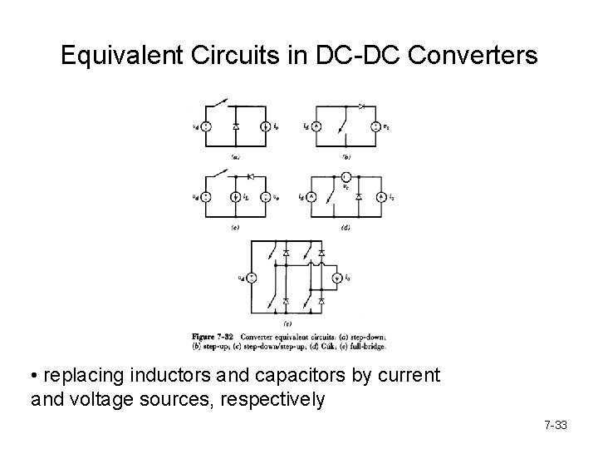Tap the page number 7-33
click(x=554, y=426)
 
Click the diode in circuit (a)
click(x=237, y=127)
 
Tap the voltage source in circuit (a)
click(x=205, y=127)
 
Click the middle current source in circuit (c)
click(x=236, y=197)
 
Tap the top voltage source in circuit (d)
click(x=345, y=177)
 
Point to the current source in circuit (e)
click(x=336, y=278)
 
